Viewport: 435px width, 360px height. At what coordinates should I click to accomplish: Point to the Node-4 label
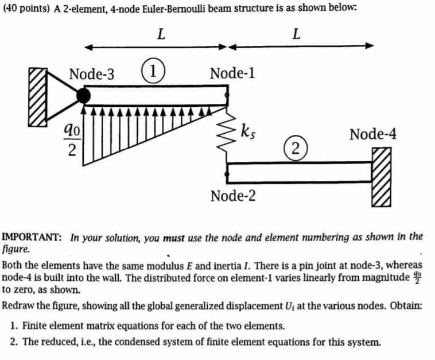tap(373, 134)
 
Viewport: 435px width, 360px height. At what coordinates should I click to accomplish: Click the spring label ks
tap(248, 131)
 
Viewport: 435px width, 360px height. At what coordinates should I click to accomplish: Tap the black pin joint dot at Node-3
tap(84, 95)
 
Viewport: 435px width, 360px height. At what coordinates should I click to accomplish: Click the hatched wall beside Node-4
tap(382, 177)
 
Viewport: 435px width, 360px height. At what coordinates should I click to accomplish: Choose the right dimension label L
tap(296, 34)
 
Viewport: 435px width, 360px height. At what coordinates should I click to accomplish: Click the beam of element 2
tap(298, 171)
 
